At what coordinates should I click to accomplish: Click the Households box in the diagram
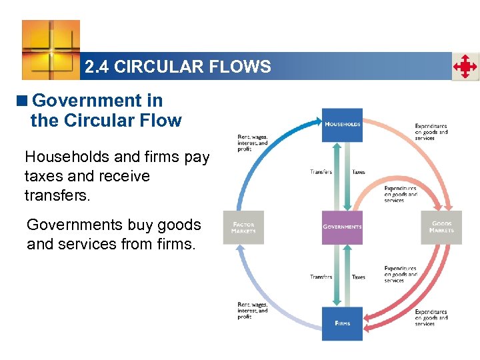342,125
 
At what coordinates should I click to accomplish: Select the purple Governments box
342,227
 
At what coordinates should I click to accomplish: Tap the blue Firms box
342,323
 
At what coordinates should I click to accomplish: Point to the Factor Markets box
243,228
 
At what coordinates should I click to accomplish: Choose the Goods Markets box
441,227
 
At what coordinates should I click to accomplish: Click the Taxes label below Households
358,172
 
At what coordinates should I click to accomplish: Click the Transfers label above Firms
321,277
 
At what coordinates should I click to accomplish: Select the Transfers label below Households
321,172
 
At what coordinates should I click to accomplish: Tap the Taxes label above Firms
358,277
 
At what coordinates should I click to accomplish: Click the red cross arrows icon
465,67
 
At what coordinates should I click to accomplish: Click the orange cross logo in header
51,49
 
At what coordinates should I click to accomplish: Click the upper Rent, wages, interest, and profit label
253,143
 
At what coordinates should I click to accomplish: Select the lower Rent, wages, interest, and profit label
253,311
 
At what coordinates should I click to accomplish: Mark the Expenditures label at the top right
431,132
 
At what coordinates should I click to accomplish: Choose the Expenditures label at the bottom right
431,317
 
